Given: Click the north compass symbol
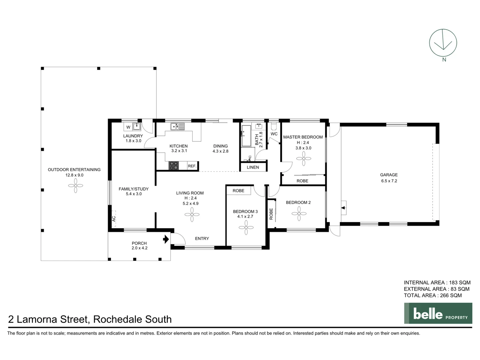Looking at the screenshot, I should pos(443,43).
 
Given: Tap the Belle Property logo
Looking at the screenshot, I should pos(438,313).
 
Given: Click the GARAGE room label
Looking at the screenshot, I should pos(389,175).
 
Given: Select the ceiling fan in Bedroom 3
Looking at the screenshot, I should pos(246,228).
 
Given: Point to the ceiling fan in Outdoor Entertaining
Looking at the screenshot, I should pos(76,186).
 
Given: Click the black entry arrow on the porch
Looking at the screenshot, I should pos(166,239).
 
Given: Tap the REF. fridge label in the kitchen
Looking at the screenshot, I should pos(192,166).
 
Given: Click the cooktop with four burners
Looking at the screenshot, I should pos(173,166).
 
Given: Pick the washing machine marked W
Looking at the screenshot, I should pos(128,127).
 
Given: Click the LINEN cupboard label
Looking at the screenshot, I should pos(253,167).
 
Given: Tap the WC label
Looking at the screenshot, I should pos(274,134).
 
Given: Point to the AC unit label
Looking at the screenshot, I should pos(114,219).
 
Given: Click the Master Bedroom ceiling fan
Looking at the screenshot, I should pos(304,158).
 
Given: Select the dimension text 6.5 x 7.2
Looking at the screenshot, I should pos(389,181).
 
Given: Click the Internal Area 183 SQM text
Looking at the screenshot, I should pos(437,283).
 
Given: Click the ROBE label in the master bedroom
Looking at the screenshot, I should pos(302,181).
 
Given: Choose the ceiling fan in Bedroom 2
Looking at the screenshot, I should pos(299,213).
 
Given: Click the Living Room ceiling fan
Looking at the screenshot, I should pos(192,214).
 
